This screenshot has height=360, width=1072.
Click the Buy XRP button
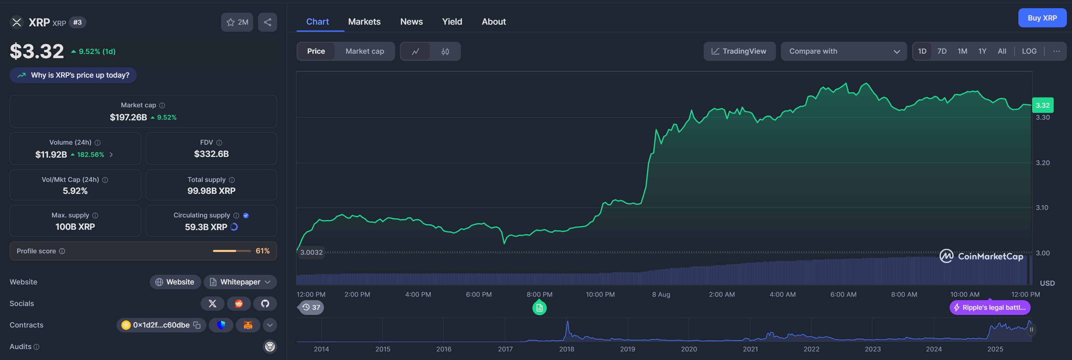pos(1042,18)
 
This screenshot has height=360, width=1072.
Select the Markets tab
pos(364,22)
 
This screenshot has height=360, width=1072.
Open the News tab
pos(411,22)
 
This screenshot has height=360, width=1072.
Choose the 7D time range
pos(942,51)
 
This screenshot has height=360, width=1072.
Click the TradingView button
pos(739,51)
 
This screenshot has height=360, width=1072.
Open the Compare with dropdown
pos(843,51)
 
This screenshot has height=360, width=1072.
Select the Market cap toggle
pos(365,51)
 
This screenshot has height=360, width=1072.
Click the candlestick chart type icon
pos(445,52)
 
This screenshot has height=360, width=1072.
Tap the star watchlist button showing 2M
pos(237,23)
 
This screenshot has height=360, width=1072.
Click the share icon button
pos(267,23)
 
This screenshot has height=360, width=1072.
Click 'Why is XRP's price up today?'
pos(73,75)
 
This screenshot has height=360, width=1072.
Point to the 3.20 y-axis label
pos(1043,163)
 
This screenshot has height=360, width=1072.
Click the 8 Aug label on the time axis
pos(661,294)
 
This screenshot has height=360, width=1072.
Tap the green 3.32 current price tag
pos(1043,105)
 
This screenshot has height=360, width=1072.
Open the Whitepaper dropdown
pos(240,282)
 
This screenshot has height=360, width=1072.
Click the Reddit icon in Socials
pos(239,303)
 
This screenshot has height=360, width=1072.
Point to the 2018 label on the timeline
pos(566,349)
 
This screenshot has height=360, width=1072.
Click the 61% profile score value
pos(262,251)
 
